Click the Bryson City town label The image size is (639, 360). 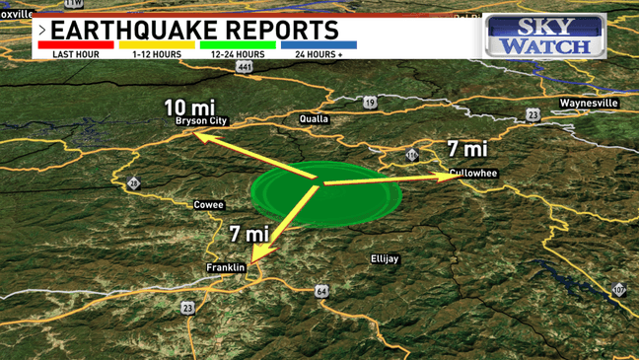point(200,120)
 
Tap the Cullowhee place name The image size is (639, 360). point(472,173)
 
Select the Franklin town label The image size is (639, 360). point(225,267)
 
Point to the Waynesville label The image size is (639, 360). point(588,103)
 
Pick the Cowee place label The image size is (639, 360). point(208,205)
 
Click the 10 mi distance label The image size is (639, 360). point(188,107)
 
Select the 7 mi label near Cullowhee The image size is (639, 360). point(467,149)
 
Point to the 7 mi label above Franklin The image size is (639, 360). point(248,234)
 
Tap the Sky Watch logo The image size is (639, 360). point(544,36)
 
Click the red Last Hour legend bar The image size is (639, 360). point(75,44)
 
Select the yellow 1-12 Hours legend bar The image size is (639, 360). point(157,44)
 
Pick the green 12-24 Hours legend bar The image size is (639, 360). point(238,44)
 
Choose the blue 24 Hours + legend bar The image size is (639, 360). point(319,44)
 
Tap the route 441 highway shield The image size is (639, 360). point(245,66)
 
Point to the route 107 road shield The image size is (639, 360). point(618,289)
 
